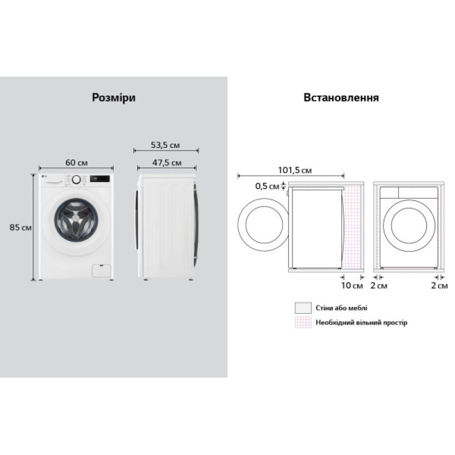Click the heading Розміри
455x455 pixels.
coord(114,98)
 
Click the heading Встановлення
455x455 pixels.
coord(341,98)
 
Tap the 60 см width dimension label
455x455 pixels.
coord(76,162)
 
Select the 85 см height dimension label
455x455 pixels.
coord(20,227)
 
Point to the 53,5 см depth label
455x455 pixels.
coord(165,146)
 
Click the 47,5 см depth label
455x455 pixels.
coord(166,162)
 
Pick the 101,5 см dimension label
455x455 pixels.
coord(295,171)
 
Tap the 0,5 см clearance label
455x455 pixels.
coord(267,186)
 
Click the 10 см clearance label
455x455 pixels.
coord(352,286)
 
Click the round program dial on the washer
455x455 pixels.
coord(76,180)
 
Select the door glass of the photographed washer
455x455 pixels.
coord(76,219)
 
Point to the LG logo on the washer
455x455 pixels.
coord(45,177)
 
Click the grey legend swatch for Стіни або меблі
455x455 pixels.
coord(303,308)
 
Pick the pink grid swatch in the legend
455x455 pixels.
coord(303,322)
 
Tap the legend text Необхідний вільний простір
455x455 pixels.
coord(361,323)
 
